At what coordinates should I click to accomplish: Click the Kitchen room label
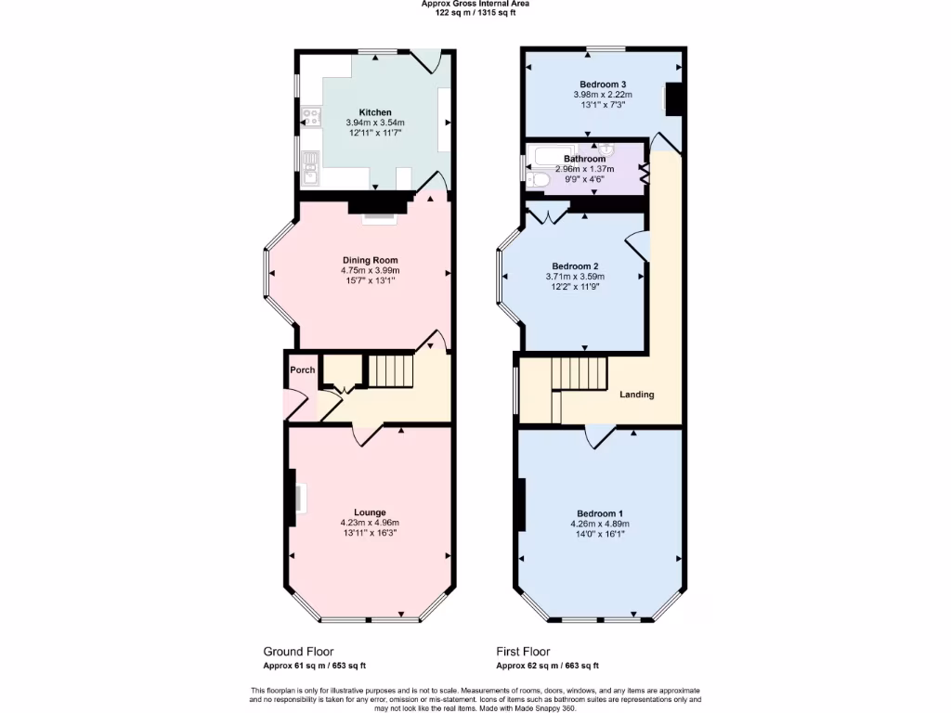pyautogui.click(x=375, y=112)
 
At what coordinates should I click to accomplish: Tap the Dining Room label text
pyautogui.click(x=370, y=260)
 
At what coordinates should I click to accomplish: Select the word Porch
pyautogui.click(x=302, y=369)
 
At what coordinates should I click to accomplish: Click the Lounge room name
pyautogui.click(x=370, y=512)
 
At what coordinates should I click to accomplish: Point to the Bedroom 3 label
pyautogui.click(x=602, y=84)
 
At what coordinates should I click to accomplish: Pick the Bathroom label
pyautogui.click(x=584, y=159)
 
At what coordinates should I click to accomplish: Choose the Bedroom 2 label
pyautogui.click(x=575, y=265)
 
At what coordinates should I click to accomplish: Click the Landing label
pyautogui.click(x=637, y=395)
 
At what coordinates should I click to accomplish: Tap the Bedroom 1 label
pyautogui.click(x=599, y=513)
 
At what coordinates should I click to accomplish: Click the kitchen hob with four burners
pyautogui.click(x=310, y=117)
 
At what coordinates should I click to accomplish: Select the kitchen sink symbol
pyautogui.click(x=309, y=162)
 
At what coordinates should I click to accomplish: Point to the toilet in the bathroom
pyautogui.click(x=538, y=179)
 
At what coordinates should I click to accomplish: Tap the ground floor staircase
pyautogui.click(x=390, y=370)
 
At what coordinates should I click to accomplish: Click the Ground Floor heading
pyautogui.click(x=298, y=652)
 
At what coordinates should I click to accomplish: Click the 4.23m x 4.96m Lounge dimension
pyautogui.click(x=370, y=523)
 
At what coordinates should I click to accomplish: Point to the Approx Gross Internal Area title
pyautogui.click(x=475, y=4)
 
